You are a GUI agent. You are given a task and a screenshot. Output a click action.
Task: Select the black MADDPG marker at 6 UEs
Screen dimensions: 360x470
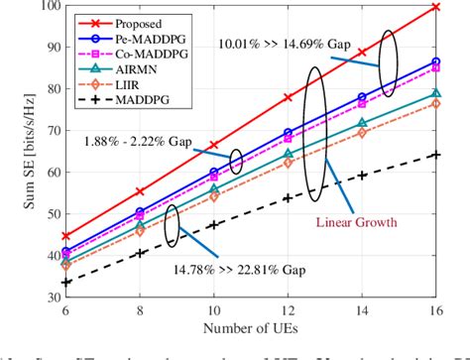coord(65,282)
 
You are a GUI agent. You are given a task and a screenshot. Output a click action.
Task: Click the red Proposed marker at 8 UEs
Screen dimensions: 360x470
coord(140,191)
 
